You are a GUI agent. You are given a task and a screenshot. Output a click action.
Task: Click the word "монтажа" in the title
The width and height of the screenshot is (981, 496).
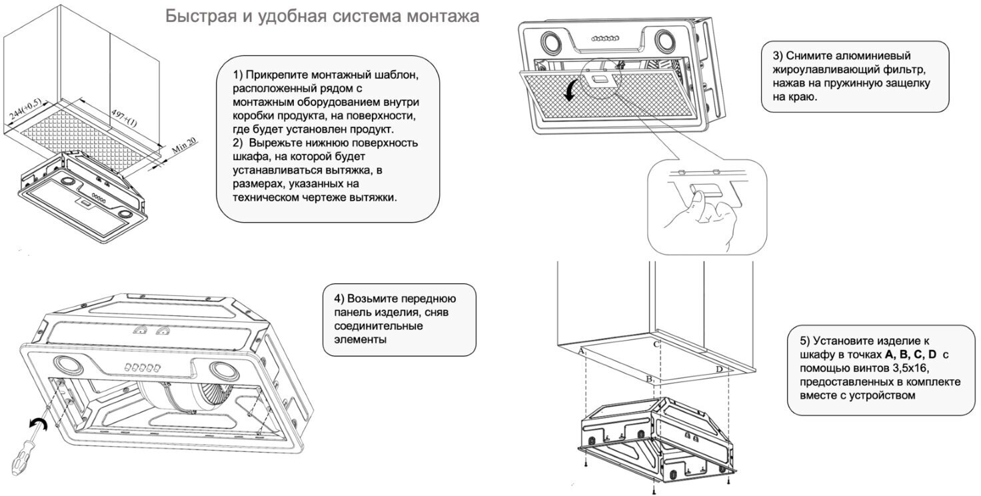pyautogui.click(x=442, y=17)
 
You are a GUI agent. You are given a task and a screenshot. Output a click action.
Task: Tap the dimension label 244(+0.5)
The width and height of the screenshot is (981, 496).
pyautogui.click(x=25, y=111)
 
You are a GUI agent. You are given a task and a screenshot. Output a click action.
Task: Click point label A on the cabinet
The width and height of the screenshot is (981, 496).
pyautogui.click(x=581, y=351)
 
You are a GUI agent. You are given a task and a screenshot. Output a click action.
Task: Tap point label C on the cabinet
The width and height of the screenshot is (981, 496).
pyautogui.click(x=656, y=345)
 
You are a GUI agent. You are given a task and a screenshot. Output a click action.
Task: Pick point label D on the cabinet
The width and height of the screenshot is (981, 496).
pyautogui.click(x=719, y=369)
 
